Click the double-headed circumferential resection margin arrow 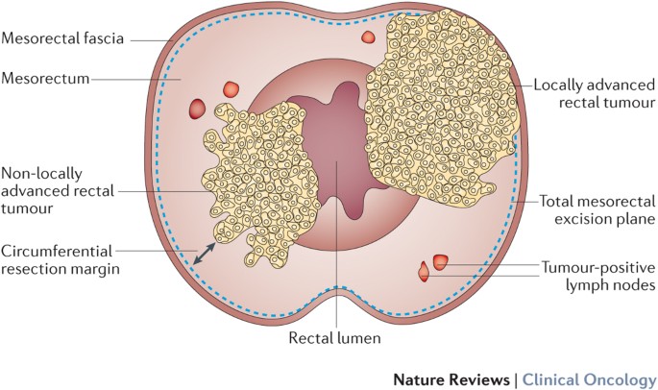pyautogui.click(x=202, y=254)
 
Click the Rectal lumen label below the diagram pyautogui.click(x=336, y=338)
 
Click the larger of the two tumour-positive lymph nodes pyautogui.click(x=441, y=261)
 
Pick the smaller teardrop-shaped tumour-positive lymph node pyautogui.click(x=424, y=273)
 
